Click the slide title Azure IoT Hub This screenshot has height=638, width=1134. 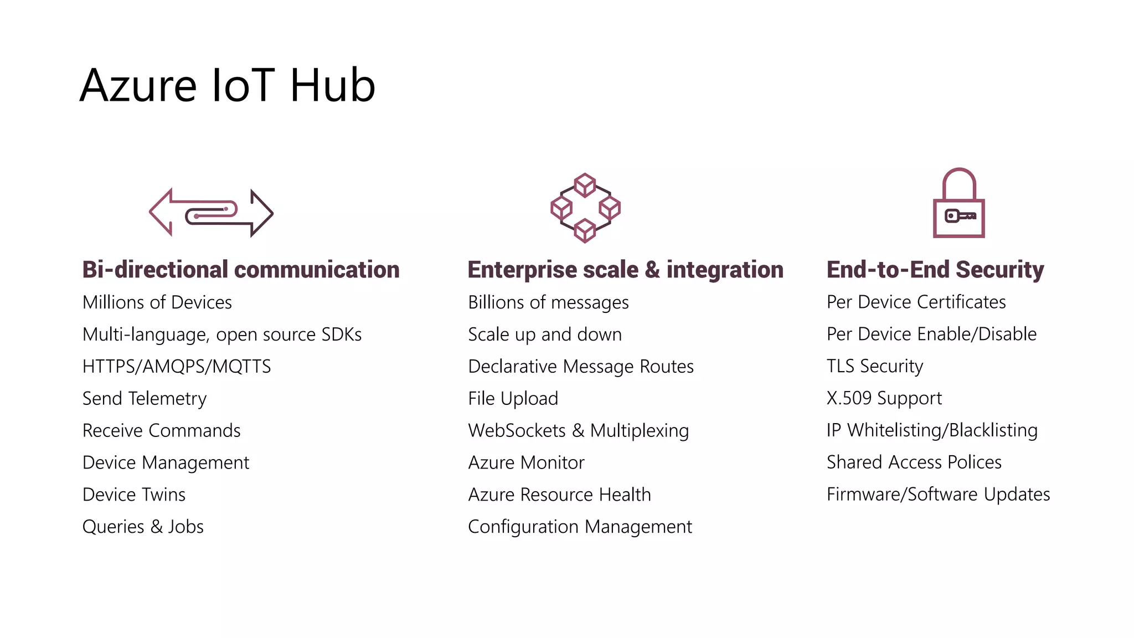coord(228,85)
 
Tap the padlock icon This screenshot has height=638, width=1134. coord(958,203)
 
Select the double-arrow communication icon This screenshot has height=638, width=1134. coord(211,213)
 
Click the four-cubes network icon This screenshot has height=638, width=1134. coord(585,208)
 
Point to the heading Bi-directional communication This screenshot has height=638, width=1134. coord(241,270)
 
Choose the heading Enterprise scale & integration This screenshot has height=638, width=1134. coord(625,270)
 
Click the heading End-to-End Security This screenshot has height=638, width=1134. coord(935,270)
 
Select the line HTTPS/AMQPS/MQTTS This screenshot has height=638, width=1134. coord(177,367)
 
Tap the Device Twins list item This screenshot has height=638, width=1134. coord(134,495)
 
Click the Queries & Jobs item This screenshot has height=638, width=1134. coord(143,527)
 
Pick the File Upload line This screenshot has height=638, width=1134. coord(513,399)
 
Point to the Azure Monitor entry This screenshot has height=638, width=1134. coord(526,462)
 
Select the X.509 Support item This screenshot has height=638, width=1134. coord(884,398)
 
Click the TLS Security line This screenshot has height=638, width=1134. coord(875,366)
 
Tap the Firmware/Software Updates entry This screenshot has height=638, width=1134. coord(938,494)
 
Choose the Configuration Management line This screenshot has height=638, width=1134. coord(580,527)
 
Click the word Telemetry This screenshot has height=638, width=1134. coord(167,399)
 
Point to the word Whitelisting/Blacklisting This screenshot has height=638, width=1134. coord(942,430)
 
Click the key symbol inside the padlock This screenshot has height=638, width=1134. coord(960,216)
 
